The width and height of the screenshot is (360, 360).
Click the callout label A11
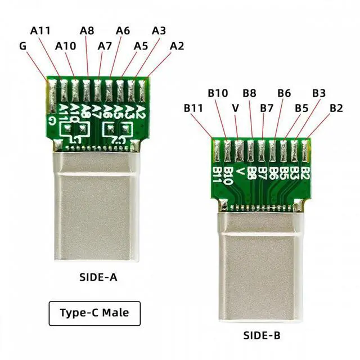point(40,30)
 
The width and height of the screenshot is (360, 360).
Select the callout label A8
point(87,30)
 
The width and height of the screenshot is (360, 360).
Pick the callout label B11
point(193,107)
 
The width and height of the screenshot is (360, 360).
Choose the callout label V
point(235,107)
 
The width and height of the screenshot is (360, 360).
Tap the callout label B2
point(336,107)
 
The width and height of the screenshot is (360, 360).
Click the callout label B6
point(284,92)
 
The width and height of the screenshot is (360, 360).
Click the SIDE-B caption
point(261,336)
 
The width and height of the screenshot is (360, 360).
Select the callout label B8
point(249,92)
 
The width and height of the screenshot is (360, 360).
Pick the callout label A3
point(159,30)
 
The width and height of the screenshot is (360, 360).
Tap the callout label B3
point(319,92)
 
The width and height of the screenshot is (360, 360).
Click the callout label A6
point(123,30)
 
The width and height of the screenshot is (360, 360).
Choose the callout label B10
point(217,92)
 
